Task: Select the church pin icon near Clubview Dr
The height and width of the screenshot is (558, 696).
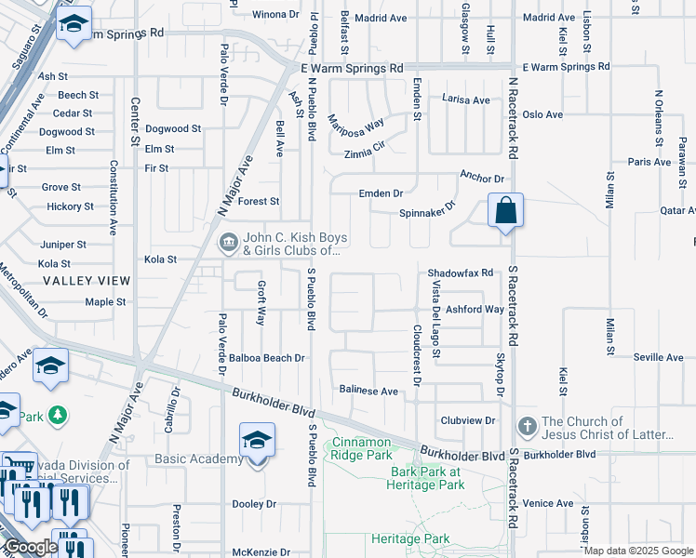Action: [x=527, y=425]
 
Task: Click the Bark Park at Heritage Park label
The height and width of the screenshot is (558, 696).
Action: [x=427, y=478]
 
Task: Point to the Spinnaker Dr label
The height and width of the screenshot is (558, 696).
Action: [x=429, y=212]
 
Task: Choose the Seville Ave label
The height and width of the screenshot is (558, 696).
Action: [x=659, y=358]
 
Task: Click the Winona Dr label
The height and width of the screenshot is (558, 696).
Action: [x=276, y=15]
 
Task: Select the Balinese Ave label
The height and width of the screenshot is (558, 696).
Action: [x=368, y=392]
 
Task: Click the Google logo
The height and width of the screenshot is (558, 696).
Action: [x=31, y=547]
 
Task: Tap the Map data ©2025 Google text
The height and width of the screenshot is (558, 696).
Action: [x=638, y=551]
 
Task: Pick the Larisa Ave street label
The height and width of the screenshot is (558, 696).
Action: [x=465, y=100]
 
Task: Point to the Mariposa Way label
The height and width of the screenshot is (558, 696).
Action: [x=355, y=125]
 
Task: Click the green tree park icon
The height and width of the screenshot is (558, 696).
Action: [x=58, y=413]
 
